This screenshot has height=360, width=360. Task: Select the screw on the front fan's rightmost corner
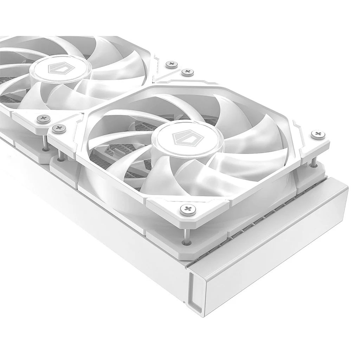pyautogui.click(x=318, y=134)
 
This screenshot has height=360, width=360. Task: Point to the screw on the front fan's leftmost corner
pyautogui.click(x=59, y=128)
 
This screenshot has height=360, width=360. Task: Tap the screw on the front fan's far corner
pyautogui.click(x=186, y=72)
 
